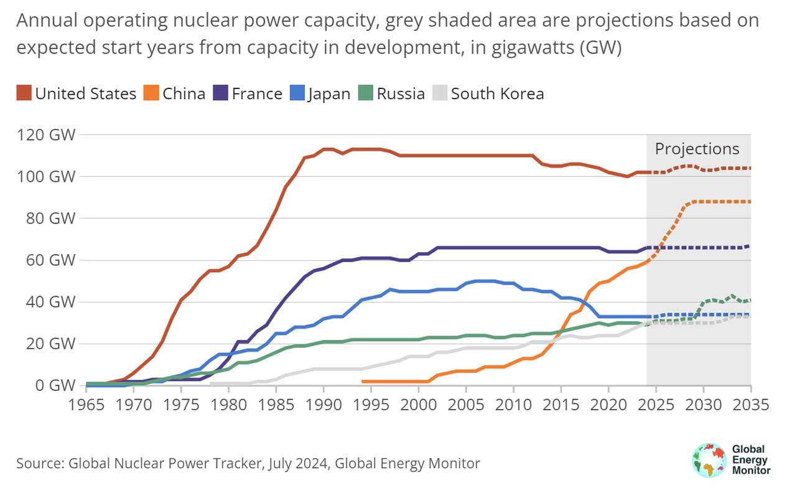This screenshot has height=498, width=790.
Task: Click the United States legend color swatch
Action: [24, 94]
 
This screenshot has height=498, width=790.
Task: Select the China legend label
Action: [184, 94]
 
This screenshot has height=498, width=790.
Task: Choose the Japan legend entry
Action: [328, 94]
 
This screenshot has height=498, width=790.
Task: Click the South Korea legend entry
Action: [497, 94]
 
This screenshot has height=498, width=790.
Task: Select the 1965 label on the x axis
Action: [86, 404]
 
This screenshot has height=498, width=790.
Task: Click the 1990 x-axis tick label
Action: [323, 404]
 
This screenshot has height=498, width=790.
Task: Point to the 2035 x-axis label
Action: [750, 404]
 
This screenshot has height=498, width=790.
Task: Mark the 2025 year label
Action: [656, 404]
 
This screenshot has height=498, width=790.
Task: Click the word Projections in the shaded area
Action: [697, 149]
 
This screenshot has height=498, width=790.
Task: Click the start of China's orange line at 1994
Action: [363, 382]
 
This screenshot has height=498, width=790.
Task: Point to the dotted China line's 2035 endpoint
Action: [750, 202]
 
